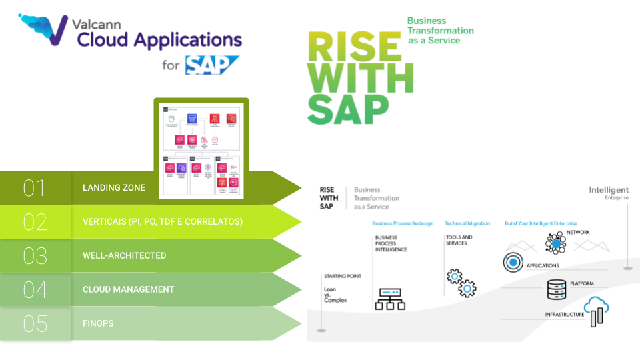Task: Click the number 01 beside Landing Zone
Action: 34,188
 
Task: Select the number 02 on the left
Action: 34,222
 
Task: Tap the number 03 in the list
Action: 34,256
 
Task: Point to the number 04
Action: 34,290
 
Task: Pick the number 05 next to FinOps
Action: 34,324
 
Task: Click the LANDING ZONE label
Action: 113,188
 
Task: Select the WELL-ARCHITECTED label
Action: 124,256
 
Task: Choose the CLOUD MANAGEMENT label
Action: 128,290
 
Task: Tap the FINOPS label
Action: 98,324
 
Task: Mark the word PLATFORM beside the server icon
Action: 581,284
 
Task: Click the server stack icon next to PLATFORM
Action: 556,289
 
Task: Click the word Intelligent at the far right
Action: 608,190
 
